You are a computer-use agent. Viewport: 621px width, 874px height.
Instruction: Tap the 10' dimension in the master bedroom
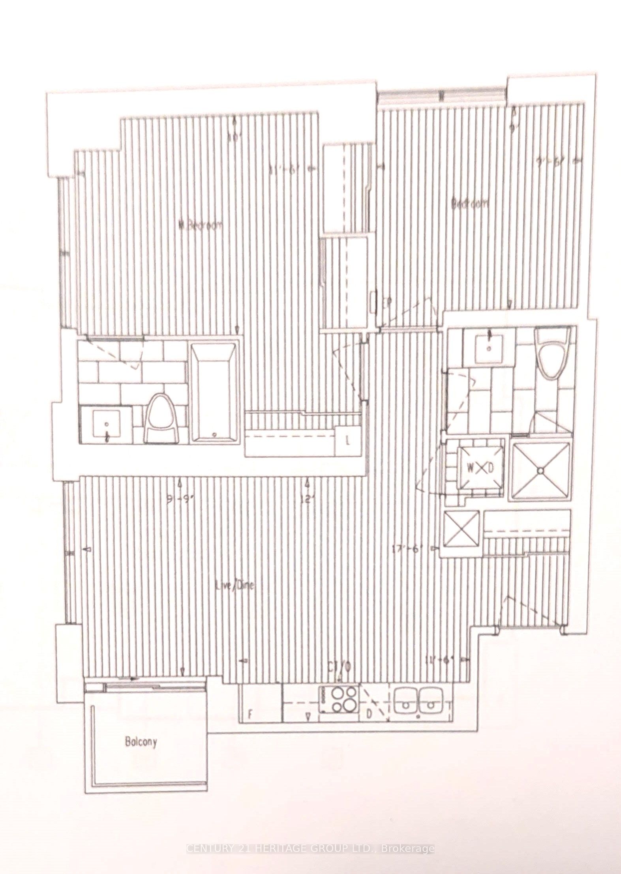[x=235, y=138]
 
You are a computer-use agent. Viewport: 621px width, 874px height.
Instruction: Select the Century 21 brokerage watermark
[x=310, y=846]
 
